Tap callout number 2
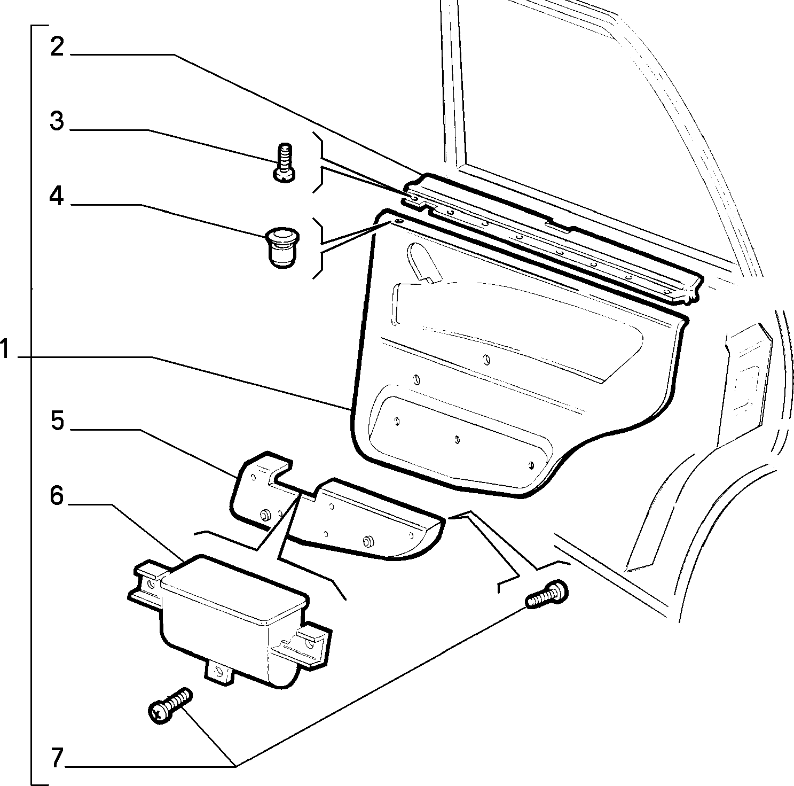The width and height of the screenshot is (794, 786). [58, 47]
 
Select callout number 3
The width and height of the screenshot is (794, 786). [57, 122]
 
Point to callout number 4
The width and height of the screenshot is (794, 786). [56, 197]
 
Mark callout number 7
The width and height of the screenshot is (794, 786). [57, 758]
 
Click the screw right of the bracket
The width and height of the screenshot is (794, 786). [547, 594]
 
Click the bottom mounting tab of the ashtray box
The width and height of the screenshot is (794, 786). [219, 673]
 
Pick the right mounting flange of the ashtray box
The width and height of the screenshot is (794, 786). [304, 644]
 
